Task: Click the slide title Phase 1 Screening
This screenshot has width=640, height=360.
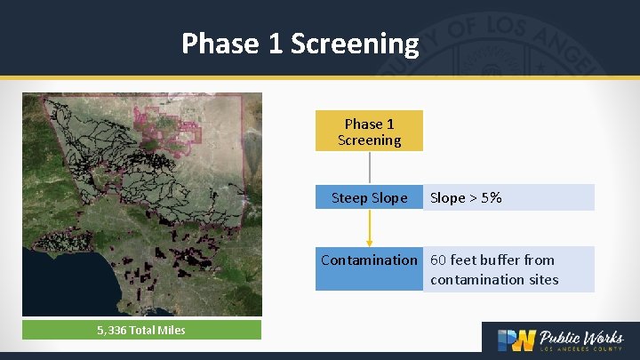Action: click(x=300, y=43)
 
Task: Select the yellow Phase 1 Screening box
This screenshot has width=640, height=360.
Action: click(x=369, y=132)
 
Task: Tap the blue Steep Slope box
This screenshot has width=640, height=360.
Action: click(x=369, y=197)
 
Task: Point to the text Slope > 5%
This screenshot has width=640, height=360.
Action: click(x=466, y=197)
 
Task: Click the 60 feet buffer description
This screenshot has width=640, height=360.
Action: click(x=493, y=269)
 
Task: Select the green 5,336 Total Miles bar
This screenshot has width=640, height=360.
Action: click(x=142, y=331)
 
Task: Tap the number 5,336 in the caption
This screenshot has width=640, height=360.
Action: click(x=114, y=331)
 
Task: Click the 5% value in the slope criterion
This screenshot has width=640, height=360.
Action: click(x=491, y=197)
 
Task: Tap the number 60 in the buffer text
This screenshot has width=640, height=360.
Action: click(x=438, y=260)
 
